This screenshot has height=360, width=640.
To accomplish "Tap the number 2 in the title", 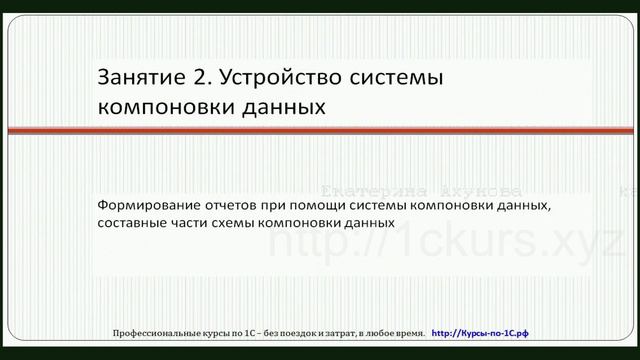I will tap(194, 76).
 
